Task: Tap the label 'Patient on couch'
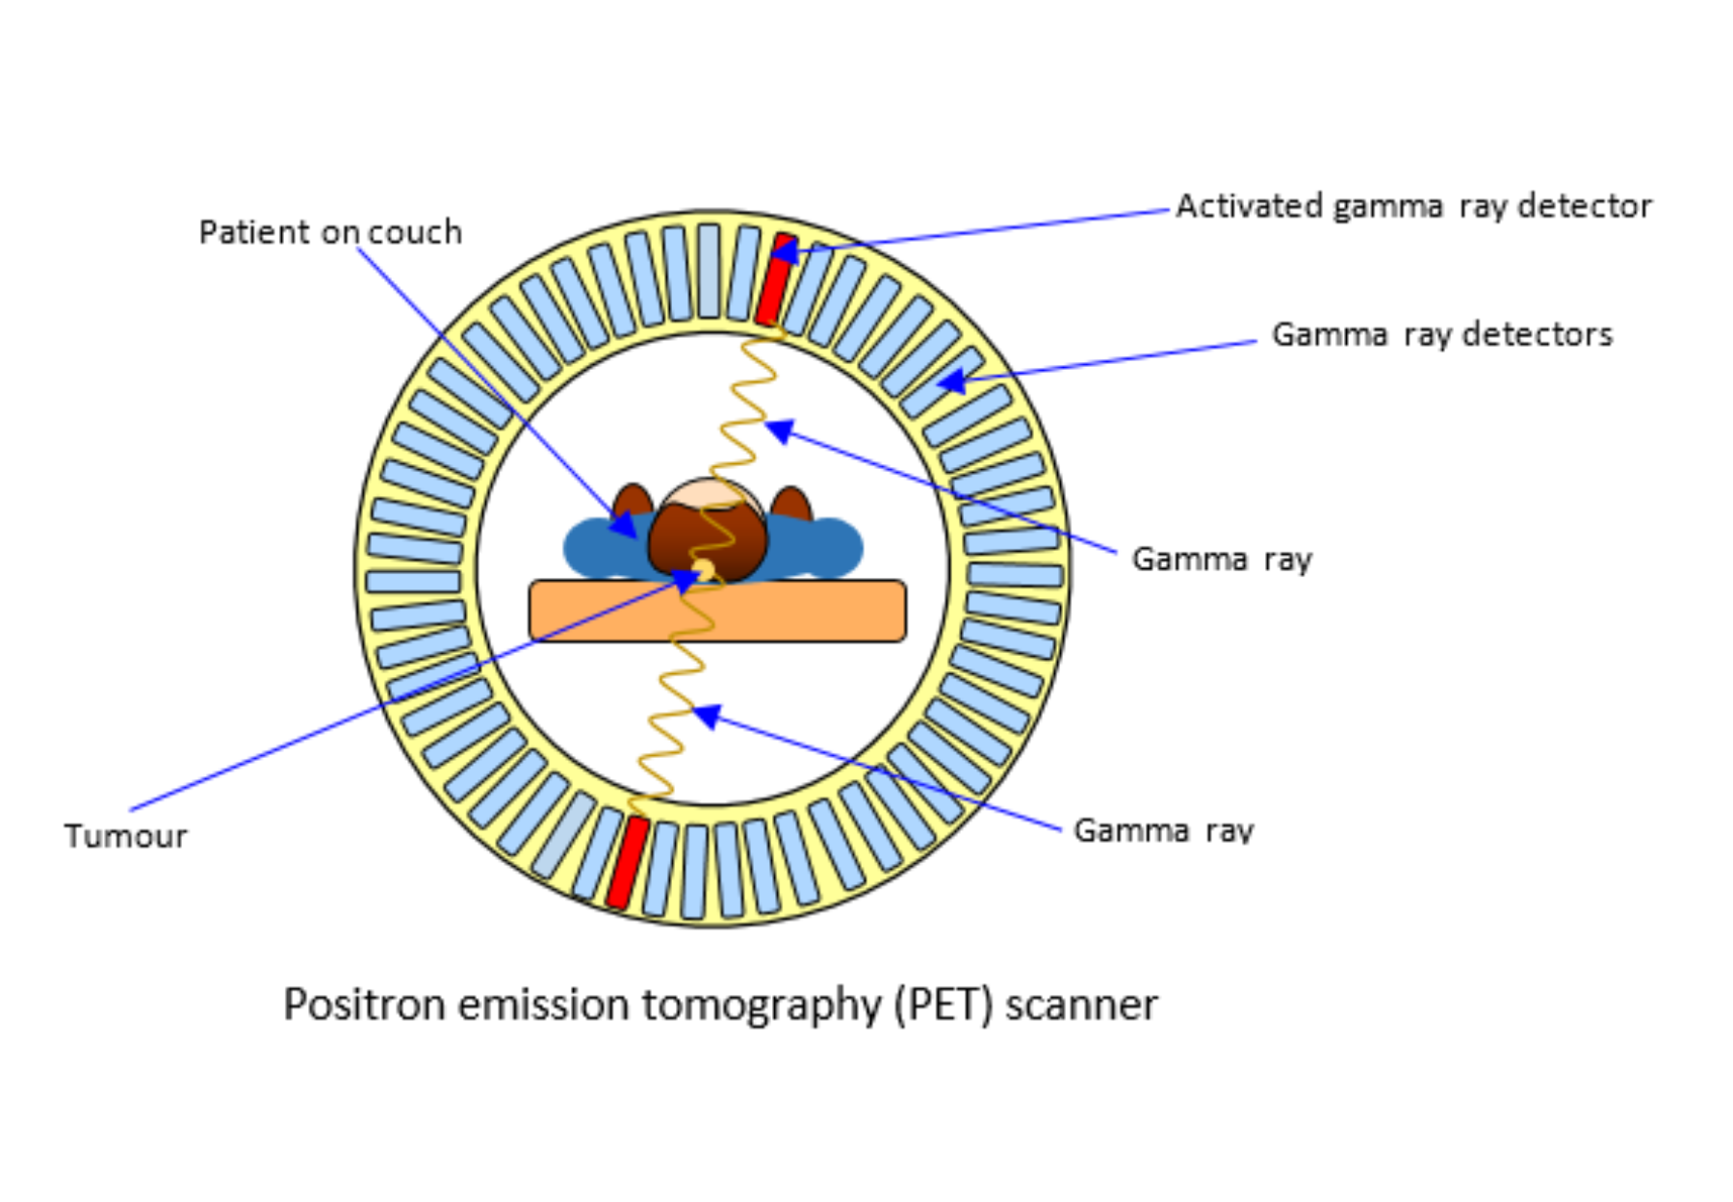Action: (330, 232)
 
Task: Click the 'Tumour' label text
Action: (125, 836)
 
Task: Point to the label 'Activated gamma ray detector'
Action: (1413, 206)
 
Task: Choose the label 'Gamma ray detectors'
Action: (1441, 334)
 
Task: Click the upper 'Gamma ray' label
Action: (1222, 559)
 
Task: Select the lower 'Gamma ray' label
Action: (1163, 830)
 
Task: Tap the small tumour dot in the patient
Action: (704, 568)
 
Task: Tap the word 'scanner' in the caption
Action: (1081, 1005)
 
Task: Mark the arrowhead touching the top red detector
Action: (785, 252)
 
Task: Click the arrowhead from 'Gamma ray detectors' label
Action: (951, 381)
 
